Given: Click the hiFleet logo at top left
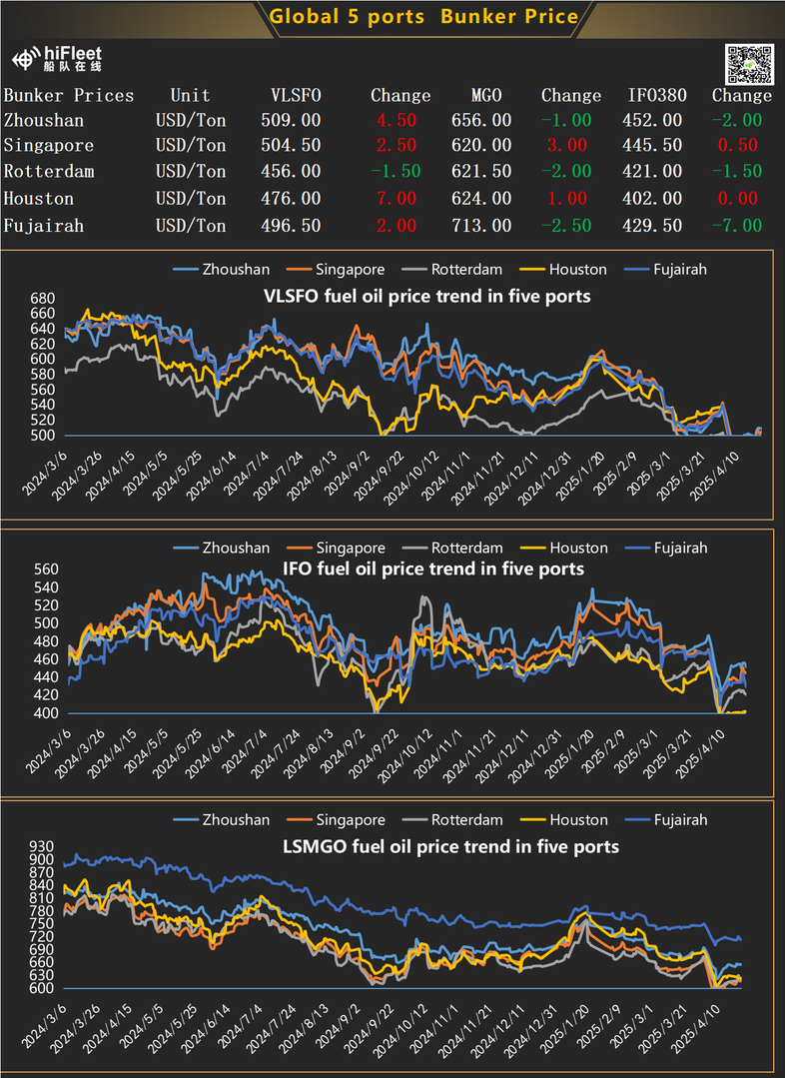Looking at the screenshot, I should point(57,60).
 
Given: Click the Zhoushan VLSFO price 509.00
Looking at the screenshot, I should point(296,120).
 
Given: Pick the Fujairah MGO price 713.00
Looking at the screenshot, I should point(491,226).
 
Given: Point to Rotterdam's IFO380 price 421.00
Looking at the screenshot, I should point(654,172).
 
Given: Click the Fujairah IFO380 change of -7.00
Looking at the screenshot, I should point(741,226).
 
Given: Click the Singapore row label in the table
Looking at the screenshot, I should point(49,146).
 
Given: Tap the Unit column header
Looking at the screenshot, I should point(190,96).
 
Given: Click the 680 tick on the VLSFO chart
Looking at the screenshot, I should point(43,299).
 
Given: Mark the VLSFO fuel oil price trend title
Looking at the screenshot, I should point(426,296).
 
